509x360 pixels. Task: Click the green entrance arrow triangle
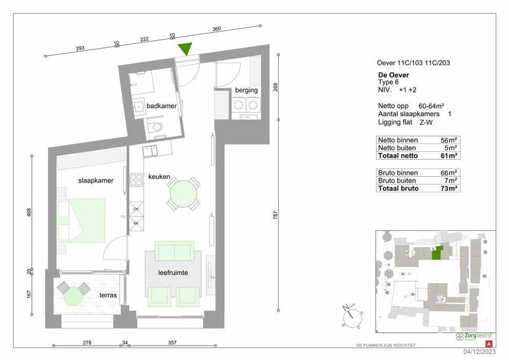[185, 49]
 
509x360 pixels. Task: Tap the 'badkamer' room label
[162, 106]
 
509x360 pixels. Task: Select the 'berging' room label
[246, 91]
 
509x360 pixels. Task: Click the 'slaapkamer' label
[95, 181]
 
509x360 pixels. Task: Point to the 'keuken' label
[159, 176]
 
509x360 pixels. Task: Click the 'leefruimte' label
[173, 273]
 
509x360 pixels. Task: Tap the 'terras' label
[108, 295]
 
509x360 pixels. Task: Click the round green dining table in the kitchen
[183, 194]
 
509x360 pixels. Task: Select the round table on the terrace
[72, 295]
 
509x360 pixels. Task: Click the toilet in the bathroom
[157, 127]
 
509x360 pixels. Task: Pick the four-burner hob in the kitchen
[136, 180]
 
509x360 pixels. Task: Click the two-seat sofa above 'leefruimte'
[174, 252]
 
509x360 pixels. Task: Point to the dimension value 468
[29, 211]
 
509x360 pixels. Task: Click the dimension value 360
[217, 29]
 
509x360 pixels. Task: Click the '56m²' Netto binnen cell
[448, 140]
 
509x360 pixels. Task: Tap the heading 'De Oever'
[393, 75]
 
